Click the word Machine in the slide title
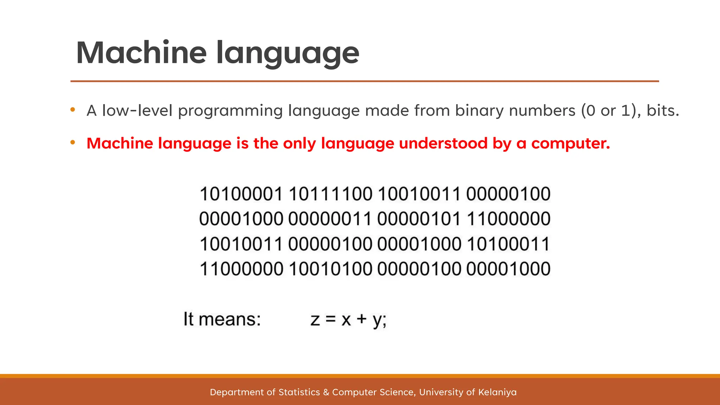click(x=141, y=53)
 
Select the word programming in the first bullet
click(x=230, y=111)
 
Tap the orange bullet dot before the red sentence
click(x=73, y=142)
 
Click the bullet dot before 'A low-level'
click(x=73, y=110)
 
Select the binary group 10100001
click(x=241, y=194)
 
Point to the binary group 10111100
click(x=330, y=194)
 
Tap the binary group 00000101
click(x=419, y=219)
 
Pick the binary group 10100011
click(x=508, y=244)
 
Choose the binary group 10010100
click(x=330, y=269)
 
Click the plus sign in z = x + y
click(x=362, y=320)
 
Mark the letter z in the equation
click(x=315, y=320)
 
